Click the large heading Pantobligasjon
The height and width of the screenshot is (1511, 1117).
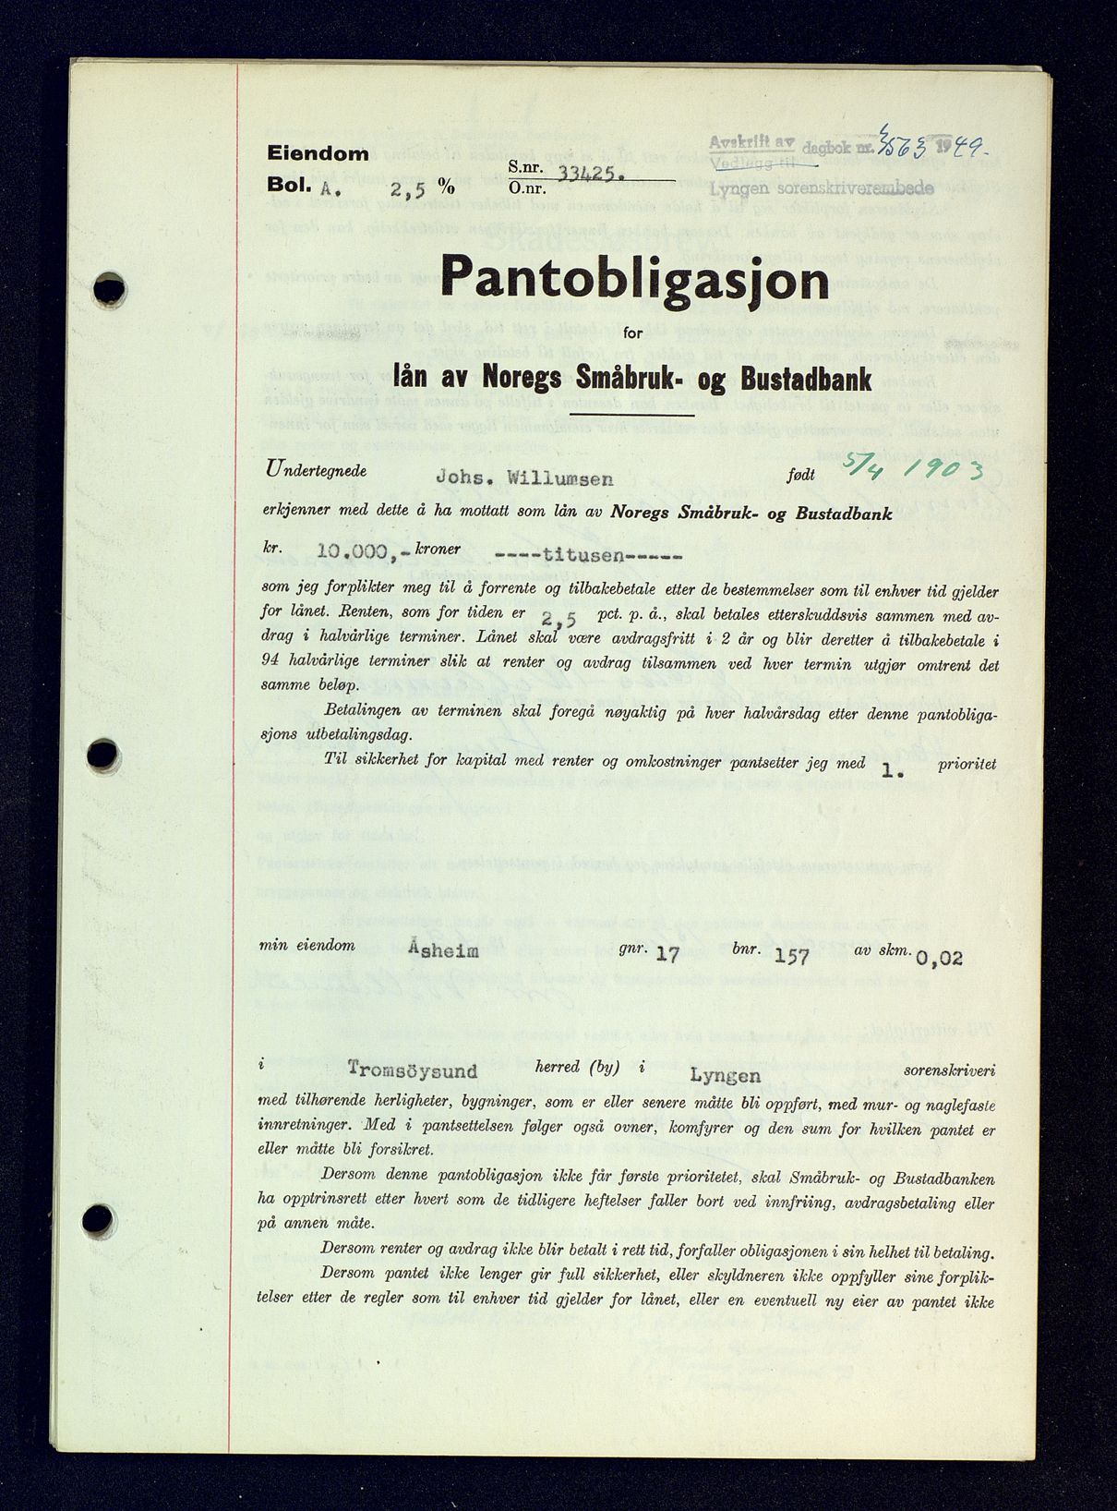click(x=634, y=278)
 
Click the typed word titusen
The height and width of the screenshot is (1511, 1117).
click(x=588, y=556)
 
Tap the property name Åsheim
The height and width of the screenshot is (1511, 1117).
click(x=443, y=949)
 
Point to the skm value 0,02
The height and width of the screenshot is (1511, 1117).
click(x=939, y=958)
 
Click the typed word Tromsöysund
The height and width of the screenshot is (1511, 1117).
click(x=413, y=1070)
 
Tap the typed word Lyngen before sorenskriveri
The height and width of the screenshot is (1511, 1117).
click(x=725, y=1075)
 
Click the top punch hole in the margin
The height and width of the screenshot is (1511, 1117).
click(x=109, y=290)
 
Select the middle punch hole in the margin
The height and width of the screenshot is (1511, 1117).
click(x=102, y=755)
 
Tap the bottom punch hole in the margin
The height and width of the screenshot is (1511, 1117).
click(x=98, y=1221)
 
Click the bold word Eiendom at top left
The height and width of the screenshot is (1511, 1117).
click(x=318, y=154)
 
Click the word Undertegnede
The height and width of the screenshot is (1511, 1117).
click(x=317, y=470)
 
